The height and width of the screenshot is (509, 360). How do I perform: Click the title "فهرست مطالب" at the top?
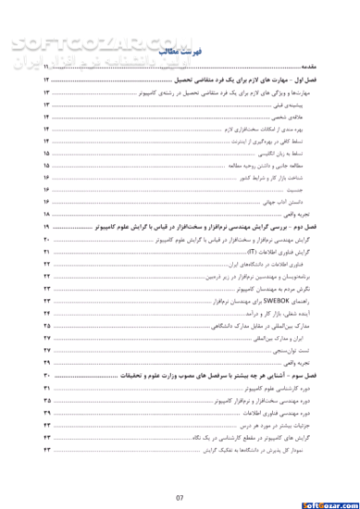181,55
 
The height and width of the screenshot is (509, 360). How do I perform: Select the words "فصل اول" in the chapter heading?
306,82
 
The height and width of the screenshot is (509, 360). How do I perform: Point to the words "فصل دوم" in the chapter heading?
305,226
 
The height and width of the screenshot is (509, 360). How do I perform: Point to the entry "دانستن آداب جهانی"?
293,200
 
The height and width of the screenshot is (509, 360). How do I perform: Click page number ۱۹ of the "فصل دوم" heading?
45,226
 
